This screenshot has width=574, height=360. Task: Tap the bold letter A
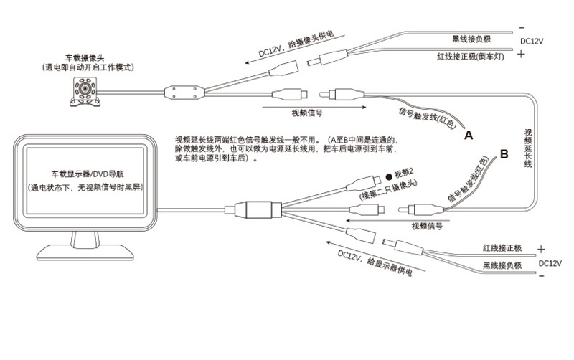tap(469, 134)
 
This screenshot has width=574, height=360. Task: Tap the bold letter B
tap(504, 153)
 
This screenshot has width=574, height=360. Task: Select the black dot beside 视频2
tap(388, 175)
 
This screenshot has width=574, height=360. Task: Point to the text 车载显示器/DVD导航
tap(90, 174)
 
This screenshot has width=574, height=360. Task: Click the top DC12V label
tap(533, 42)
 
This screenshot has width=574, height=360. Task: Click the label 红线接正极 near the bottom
tap(503, 248)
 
